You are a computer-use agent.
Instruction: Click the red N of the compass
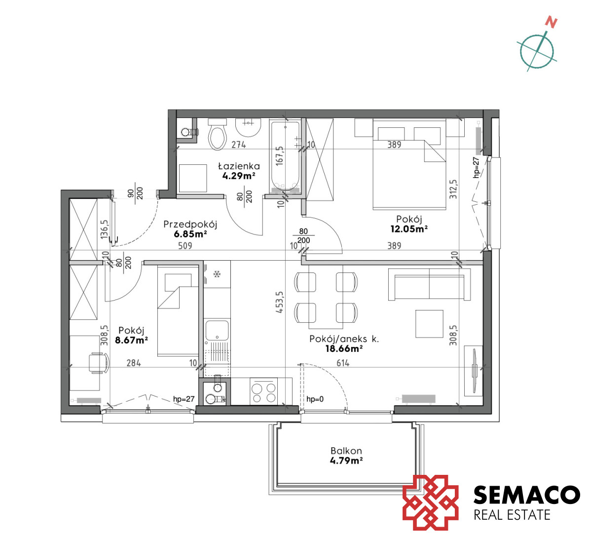pyautogui.click(x=551, y=23)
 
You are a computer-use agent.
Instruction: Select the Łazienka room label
pyautogui.click(x=239, y=166)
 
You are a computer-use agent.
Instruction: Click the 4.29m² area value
pyautogui.click(x=239, y=176)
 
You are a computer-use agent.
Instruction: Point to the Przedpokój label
pyautogui.click(x=190, y=224)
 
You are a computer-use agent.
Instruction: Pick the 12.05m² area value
pyautogui.click(x=409, y=229)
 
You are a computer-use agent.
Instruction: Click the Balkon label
pyautogui.click(x=346, y=451)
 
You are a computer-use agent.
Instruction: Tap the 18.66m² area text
pyautogui.click(x=344, y=349)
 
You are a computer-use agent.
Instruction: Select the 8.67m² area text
pyautogui.click(x=131, y=340)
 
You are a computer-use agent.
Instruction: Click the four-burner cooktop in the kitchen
pyautogui.click(x=264, y=392)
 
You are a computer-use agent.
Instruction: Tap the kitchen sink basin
pyautogui.click(x=217, y=331)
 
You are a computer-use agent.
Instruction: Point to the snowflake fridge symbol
pyautogui.click(x=217, y=274)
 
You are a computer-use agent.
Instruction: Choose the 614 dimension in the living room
pyautogui.click(x=343, y=363)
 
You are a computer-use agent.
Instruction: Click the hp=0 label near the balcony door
pyautogui.click(x=315, y=399)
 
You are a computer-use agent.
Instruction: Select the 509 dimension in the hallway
pyautogui.click(x=185, y=246)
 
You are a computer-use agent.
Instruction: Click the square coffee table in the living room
pyautogui.click(x=429, y=324)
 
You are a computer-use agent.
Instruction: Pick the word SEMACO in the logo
pyautogui.click(x=527, y=495)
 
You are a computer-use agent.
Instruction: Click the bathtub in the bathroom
pyautogui.click(x=285, y=157)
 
